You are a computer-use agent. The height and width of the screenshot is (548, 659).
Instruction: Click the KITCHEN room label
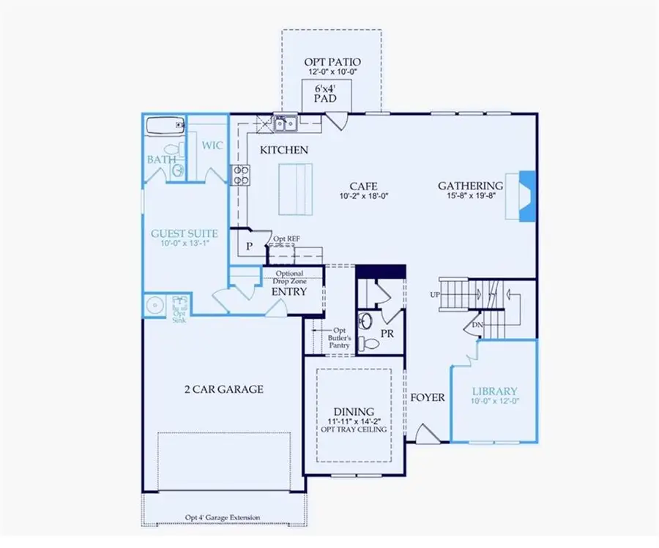[283, 150]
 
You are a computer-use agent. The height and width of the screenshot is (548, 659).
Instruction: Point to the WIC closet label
[212, 146]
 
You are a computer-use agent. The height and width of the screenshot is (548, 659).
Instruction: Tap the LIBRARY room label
[494, 391]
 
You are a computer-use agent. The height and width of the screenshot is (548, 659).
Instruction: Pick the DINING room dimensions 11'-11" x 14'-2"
[354, 422]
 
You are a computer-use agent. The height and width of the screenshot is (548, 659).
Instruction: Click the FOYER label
[427, 397]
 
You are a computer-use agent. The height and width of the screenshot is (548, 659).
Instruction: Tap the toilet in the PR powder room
[371, 343]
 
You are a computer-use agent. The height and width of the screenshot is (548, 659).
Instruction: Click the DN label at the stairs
[477, 325]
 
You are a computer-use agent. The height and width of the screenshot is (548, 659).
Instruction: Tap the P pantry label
[249, 247]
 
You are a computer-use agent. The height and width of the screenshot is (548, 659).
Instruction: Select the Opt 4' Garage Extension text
[222, 518]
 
